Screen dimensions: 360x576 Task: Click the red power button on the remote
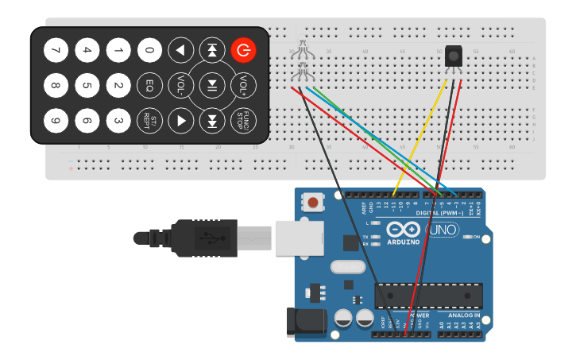click(245, 51)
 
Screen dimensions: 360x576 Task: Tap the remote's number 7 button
click(55, 51)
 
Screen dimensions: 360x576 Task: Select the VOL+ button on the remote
click(245, 84)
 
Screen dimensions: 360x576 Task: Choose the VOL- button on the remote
click(181, 84)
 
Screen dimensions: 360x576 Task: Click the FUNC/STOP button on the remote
click(245, 120)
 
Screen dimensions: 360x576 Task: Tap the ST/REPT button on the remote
click(149, 120)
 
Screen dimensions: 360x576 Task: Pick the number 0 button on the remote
click(149, 51)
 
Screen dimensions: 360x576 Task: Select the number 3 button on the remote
click(118, 120)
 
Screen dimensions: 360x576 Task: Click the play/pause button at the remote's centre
click(213, 84)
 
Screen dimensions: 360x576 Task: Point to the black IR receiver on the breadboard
click(453, 57)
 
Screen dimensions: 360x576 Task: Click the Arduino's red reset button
click(314, 203)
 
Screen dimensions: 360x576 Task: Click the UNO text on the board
click(443, 230)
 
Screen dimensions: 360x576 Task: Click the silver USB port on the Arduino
click(299, 238)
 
